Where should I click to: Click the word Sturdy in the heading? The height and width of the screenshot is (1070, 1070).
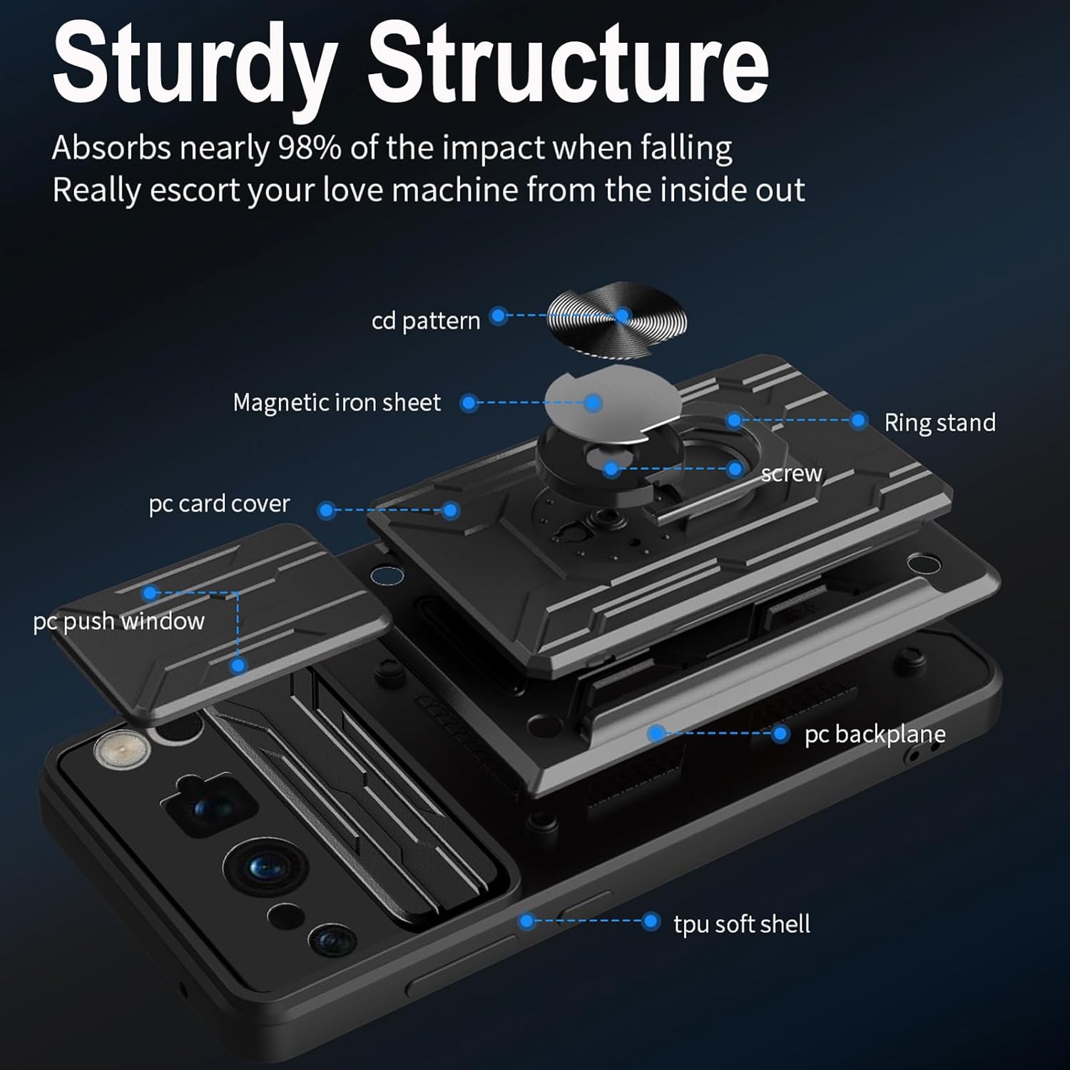pyautogui.click(x=194, y=64)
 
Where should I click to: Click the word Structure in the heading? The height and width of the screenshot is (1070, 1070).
pyautogui.click(x=568, y=64)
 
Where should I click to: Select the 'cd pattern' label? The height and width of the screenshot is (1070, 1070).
pyautogui.click(x=426, y=321)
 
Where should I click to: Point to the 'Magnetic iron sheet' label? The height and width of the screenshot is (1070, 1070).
pyautogui.click(x=337, y=403)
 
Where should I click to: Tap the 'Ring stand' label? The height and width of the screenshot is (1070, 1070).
pyautogui.click(x=939, y=422)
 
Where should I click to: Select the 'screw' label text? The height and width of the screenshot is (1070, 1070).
pyautogui.click(x=791, y=474)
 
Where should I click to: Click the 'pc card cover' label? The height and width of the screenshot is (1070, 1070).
pyautogui.click(x=219, y=504)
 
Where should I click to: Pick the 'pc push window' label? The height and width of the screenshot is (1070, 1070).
pyautogui.click(x=118, y=621)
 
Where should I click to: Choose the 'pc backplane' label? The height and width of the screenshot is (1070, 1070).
pyautogui.click(x=875, y=734)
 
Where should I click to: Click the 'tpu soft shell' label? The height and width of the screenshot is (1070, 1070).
pyautogui.click(x=742, y=924)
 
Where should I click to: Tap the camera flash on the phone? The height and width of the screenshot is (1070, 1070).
pyautogui.click(x=121, y=749)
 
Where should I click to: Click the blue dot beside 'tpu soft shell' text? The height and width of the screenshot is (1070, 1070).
pyautogui.click(x=650, y=921)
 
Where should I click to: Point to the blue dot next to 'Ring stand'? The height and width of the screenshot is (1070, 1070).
pyautogui.click(x=859, y=421)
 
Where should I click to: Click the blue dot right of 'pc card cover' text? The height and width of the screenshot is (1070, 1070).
pyautogui.click(x=327, y=510)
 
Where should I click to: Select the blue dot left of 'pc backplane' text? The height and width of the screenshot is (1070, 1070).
pyautogui.click(x=780, y=733)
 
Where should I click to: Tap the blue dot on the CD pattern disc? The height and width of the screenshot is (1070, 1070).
pyautogui.click(x=623, y=315)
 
